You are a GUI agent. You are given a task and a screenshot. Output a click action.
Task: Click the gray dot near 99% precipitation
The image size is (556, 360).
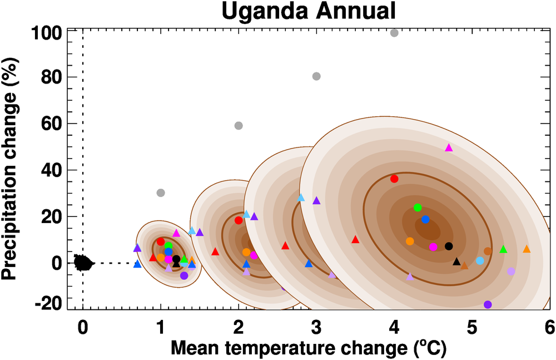[x=394, y=33]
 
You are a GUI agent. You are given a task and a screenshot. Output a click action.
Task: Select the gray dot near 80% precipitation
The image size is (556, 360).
[x=316, y=76]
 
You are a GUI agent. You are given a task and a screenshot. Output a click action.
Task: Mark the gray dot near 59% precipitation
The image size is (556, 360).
[x=239, y=126]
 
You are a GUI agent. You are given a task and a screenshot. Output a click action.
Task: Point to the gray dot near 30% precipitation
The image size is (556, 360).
[x=161, y=193]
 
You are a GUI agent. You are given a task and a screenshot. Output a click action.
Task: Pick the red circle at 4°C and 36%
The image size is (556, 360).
[x=394, y=179]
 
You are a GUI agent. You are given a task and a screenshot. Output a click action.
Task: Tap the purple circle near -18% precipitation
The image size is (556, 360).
[x=488, y=304]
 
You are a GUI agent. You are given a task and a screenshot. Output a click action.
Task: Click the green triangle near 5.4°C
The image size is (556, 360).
[x=503, y=249]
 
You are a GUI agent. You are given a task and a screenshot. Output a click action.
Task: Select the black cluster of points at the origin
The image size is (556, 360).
[x=83, y=262]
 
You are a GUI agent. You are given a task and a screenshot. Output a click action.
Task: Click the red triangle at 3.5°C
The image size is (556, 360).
[x=355, y=240]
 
